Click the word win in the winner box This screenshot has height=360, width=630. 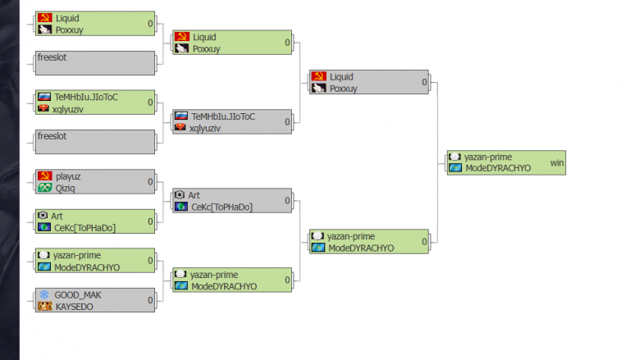557,162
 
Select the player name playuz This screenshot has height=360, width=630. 68,175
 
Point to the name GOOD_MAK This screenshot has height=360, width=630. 78,294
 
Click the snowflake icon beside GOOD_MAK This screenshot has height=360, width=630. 44,294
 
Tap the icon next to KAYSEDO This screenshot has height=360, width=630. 44,305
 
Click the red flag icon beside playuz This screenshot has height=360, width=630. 44,175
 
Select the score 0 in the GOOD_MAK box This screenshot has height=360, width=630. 151,300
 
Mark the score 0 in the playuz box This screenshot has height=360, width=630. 151,181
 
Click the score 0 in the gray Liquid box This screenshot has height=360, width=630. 425,82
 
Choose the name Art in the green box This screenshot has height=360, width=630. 57,216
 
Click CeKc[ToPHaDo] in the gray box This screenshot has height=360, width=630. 221,207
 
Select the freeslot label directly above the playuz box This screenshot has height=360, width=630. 51,136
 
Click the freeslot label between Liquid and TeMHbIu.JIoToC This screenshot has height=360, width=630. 51,58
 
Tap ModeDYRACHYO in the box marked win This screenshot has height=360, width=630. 498,167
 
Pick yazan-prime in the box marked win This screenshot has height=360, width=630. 489,157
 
